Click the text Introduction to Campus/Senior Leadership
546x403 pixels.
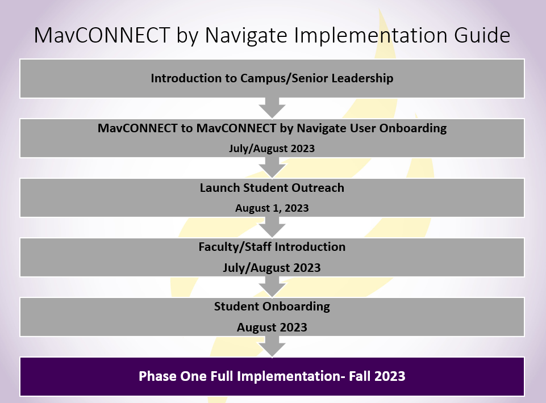[272, 78]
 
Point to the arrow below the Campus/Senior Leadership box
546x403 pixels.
[272, 108]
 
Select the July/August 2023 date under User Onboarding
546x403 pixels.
[272, 149]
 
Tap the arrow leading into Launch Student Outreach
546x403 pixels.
[272, 168]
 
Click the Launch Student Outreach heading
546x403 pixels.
[272, 188]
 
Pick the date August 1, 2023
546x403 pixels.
[272, 208]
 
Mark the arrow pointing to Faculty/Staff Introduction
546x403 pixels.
[272, 227]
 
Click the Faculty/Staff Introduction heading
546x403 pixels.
[272, 247]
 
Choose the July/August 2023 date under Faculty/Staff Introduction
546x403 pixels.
[272, 267]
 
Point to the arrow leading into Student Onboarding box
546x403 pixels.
[272, 287]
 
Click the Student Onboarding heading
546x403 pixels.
[272, 307]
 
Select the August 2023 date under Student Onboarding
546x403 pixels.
[272, 328]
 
